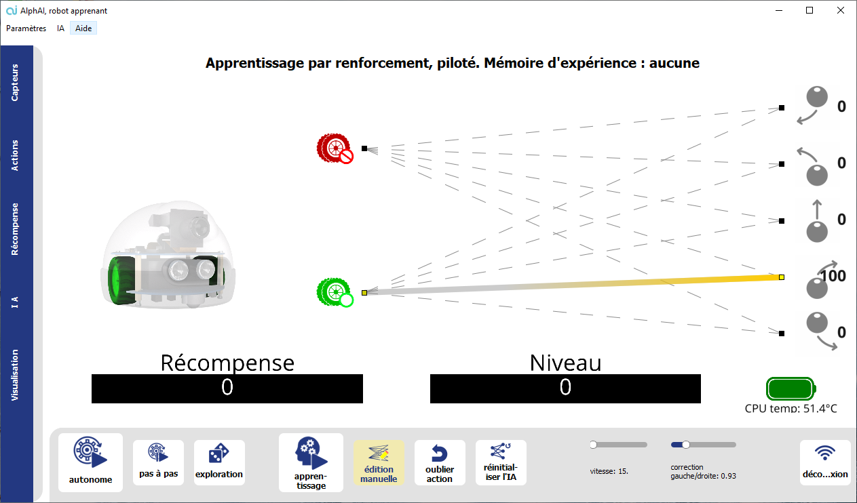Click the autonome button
(x=90, y=462)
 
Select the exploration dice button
(x=219, y=462)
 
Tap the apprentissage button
(x=311, y=462)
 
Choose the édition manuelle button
(x=379, y=462)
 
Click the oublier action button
(x=440, y=462)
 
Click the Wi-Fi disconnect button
(x=824, y=462)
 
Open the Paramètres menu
(x=26, y=28)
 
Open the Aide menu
(x=83, y=28)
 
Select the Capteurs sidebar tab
(x=16, y=83)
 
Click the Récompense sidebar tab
(x=16, y=229)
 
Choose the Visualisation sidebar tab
(x=16, y=375)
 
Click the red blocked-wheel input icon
(x=335, y=148)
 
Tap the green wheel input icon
(x=335, y=292)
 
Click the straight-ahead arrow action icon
(x=817, y=220)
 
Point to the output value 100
(x=833, y=276)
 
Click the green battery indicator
(x=791, y=389)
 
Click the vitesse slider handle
(x=593, y=445)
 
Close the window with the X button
(x=841, y=10)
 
